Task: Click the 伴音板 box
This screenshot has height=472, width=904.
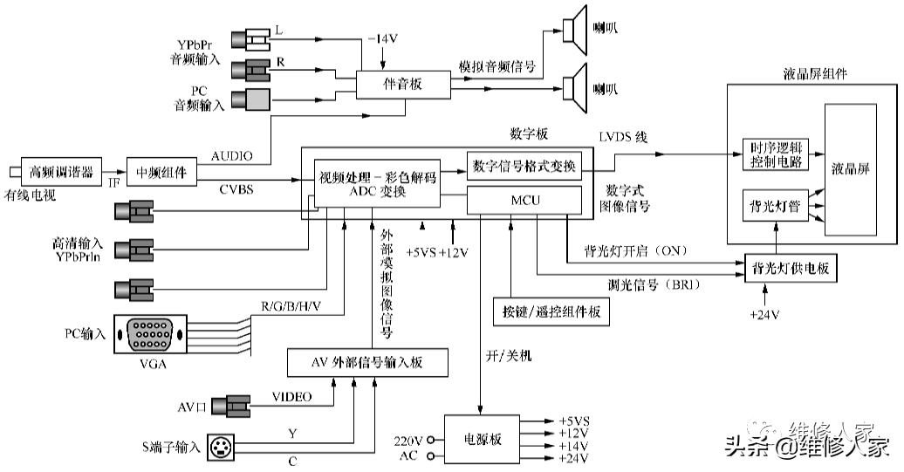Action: click(402, 85)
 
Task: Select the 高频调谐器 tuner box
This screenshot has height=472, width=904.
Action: click(60, 170)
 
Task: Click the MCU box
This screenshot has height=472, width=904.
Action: click(524, 201)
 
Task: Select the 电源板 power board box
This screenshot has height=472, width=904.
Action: click(483, 440)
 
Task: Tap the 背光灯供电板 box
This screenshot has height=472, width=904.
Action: click(789, 270)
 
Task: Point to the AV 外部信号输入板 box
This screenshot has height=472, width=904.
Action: click(367, 362)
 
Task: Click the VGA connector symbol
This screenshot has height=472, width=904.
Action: click(151, 334)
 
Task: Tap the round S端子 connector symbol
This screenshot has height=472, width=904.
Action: click(222, 448)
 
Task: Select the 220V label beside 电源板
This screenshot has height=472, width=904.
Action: click(408, 440)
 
